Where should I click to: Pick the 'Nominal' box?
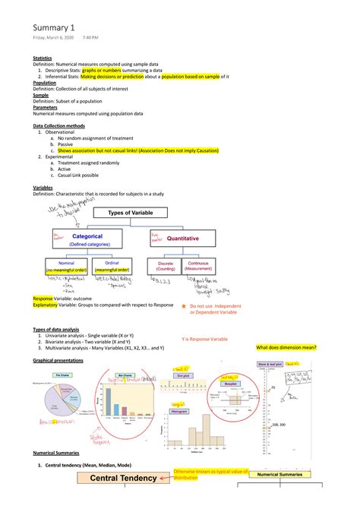[66, 266]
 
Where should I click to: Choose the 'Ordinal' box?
[112, 266]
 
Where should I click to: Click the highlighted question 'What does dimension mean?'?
[286, 347]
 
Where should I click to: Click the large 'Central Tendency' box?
[124, 478]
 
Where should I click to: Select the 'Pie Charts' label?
[63, 375]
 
